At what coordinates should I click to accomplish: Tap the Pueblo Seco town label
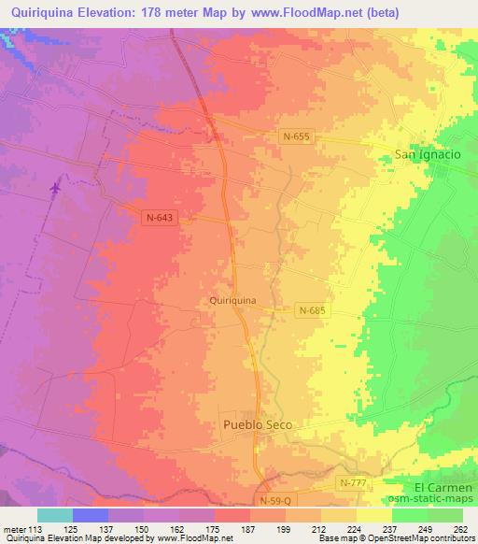pos(258,424)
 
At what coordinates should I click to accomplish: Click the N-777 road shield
pos(352,481)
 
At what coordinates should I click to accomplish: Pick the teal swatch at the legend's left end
pos(54,515)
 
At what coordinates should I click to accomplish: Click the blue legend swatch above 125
pos(90,515)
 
